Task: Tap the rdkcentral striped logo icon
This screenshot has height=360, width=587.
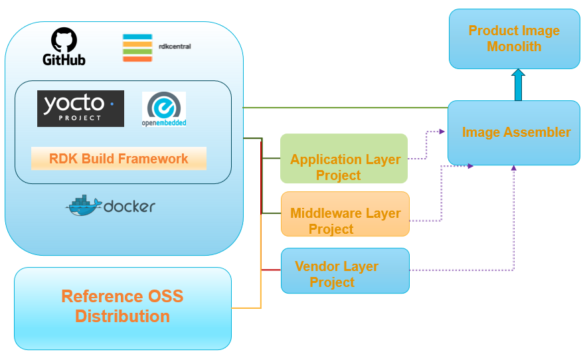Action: [x=137, y=48]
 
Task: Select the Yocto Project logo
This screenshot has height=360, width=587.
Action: [x=80, y=108]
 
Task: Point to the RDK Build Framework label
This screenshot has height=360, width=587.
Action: [x=119, y=159]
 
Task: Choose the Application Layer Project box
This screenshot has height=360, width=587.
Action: [x=343, y=159]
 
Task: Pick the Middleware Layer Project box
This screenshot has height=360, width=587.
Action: [x=345, y=214]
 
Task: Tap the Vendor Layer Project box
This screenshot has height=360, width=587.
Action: [x=345, y=270]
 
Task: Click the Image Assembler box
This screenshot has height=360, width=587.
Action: [x=514, y=133]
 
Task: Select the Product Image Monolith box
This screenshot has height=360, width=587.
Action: [x=515, y=39]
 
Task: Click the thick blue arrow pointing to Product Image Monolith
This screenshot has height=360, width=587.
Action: [x=518, y=84]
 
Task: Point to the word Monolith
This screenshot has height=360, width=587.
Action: [x=514, y=47]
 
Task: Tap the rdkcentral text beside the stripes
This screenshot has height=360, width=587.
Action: [x=176, y=46]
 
